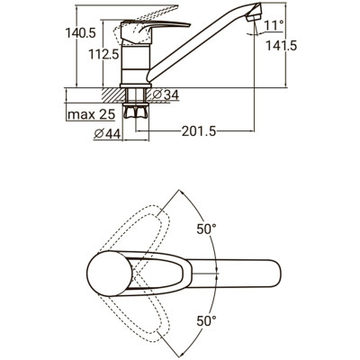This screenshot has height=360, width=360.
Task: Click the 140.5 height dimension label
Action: click(x=80, y=33)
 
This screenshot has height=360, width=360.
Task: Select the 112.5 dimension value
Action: click(x=103, y=54)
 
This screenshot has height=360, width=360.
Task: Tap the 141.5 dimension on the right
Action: click(x=282, y=46)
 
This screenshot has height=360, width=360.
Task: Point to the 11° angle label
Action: click(x=274, y=25)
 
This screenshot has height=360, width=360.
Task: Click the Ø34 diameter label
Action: click(x=166, y=95)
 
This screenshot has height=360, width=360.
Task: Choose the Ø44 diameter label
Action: click(x=107, y=134)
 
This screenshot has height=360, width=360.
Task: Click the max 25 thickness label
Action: click(x=92, y=114)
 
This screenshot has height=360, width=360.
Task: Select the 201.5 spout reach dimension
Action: click(x=199, y=131)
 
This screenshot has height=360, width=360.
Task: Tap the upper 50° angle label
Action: click(x=206, y=229)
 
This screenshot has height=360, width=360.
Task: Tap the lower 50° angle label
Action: click(x=206, y=321)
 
